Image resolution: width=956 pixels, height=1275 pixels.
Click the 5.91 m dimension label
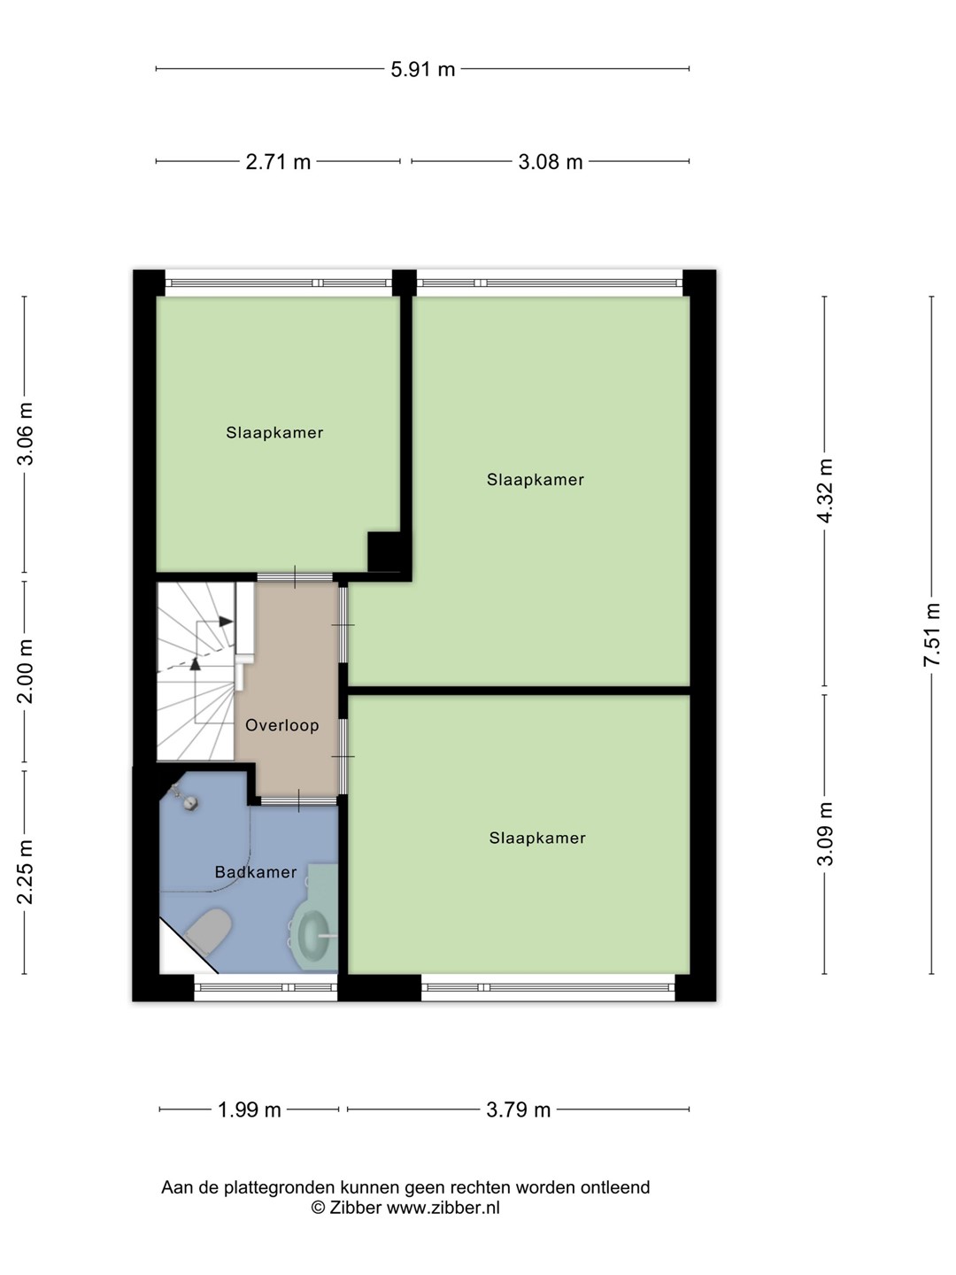[422, 70]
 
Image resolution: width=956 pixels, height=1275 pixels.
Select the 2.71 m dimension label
[278, 162]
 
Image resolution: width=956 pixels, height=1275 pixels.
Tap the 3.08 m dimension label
[551, 162]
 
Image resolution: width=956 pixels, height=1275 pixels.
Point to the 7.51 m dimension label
[931, 634]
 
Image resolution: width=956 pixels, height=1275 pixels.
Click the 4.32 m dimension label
[825, 491]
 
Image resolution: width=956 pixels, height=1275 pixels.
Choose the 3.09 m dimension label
[825, 834]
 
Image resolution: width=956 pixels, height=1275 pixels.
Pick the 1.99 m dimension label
[249, 1110]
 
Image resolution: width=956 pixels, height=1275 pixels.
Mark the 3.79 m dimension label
[518, 1110]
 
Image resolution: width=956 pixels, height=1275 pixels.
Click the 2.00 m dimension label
[25, 671]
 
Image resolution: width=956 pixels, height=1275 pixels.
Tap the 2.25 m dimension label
[25, 872]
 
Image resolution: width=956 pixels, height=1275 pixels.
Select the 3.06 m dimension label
[25, 434]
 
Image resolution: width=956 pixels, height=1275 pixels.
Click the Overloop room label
[282, 725]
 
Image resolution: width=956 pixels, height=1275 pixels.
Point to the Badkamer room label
[256, 872]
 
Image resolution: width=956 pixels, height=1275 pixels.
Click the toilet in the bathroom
[208, 930]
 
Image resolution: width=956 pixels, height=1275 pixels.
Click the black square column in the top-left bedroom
[384, 552]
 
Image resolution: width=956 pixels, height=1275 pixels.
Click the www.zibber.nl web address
[443, 1208]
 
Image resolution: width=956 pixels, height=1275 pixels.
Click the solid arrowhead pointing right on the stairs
[227, 622]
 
